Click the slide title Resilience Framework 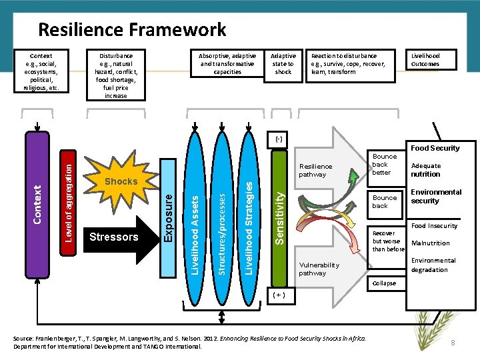(x=132, y=30)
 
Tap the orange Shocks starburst (x=121, y=181)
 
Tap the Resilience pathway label (x=315, y=170)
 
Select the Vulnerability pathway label (x=319, y=269)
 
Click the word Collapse (x=384, y=283)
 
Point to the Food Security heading (x=435, y=148)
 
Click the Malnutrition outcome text (x=431, y=243)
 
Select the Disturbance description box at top (x=115, y=75)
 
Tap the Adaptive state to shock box (x=283, y=64)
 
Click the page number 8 (x=453, y=342)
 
